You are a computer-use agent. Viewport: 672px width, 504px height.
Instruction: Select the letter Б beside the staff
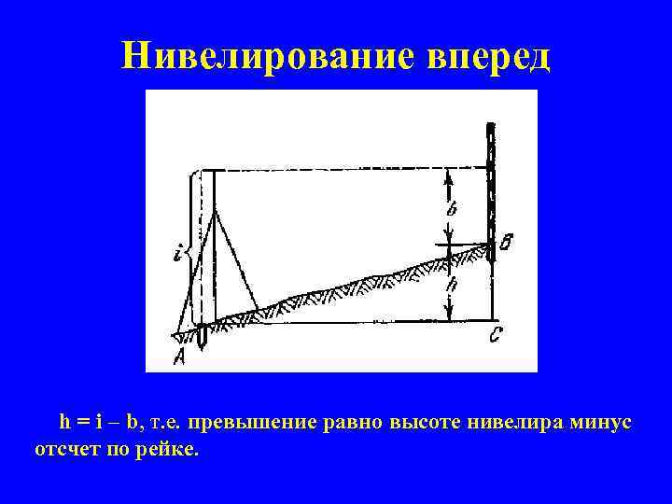pyautogui.click(x=505, y=245)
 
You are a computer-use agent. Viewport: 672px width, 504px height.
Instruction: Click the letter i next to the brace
pyautogui.click(x=177, y=252)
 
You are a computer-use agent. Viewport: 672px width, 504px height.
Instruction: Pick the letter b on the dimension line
pyautogui.click(x=452, y=210)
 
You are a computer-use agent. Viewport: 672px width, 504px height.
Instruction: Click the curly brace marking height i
pyautogui.click(x=189, y=250)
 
